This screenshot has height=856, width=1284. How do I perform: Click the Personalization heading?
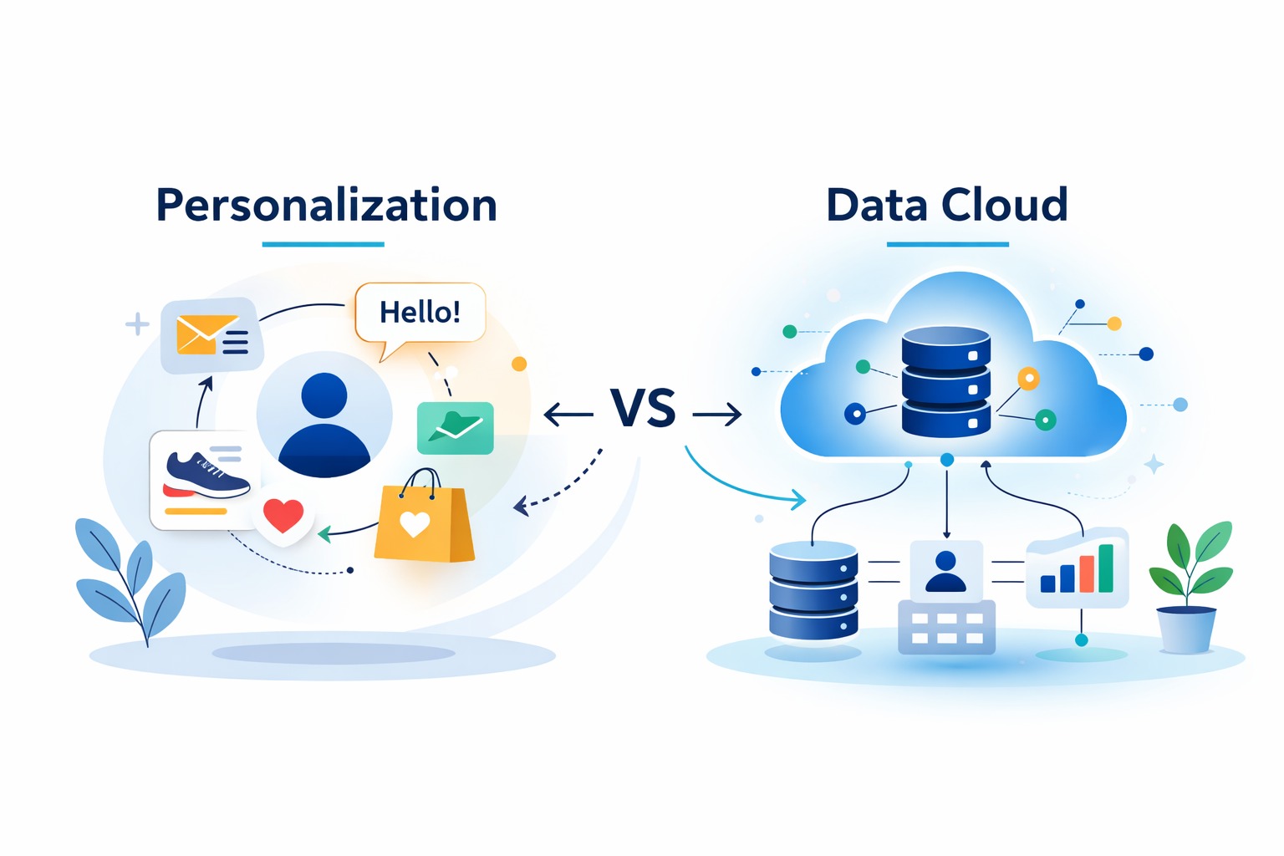coord(326,206)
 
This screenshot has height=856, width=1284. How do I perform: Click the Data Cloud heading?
coord(946,206)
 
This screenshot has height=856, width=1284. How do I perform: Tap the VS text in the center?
coord(642,409)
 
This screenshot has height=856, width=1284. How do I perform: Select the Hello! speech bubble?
coord(420,313)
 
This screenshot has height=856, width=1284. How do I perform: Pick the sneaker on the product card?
coord(206,475)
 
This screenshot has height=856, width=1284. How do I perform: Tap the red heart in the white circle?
coord(283,515)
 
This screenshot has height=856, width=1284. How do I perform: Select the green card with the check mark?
coord(456,427)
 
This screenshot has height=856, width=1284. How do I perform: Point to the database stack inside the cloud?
coord(946,382)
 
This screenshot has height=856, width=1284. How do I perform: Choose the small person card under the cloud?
coord(946,570)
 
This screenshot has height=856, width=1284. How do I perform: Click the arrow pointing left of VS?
coord(568,414)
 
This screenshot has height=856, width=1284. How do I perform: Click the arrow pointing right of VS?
coord(717,414)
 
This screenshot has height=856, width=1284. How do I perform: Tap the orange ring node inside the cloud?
coord(1028,379)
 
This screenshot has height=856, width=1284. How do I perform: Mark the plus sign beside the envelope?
coord(137,324)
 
